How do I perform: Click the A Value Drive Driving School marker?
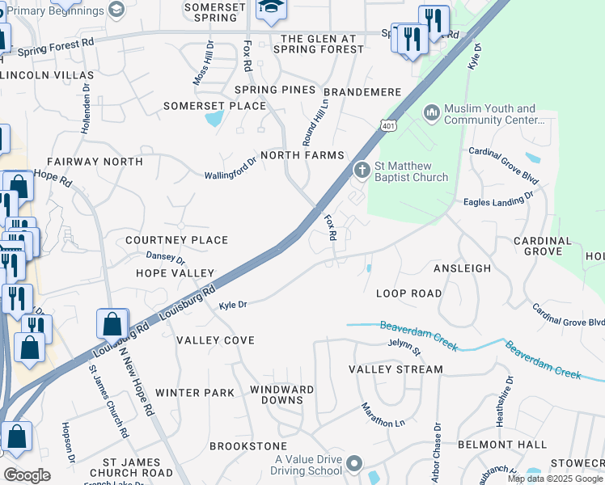coord(354,464)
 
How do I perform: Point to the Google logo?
coord(27,475)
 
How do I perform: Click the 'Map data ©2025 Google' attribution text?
coord(555,479)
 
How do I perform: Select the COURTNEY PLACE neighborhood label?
coord(176,241)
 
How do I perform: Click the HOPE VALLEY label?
coord(175,274)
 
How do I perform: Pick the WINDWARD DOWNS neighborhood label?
coord(281,395)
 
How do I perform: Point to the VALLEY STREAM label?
coord(396,369)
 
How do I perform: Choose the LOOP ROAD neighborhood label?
coord(409,293)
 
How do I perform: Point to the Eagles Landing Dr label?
coord(498,199)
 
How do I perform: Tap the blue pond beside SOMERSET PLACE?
coord(214,120)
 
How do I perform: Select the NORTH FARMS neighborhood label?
coord(301,155)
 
